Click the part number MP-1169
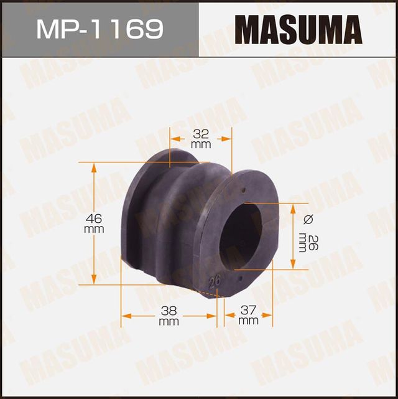99,29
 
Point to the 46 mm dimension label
93,223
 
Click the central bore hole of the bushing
244,236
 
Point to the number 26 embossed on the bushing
216,281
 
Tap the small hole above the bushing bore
244,190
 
